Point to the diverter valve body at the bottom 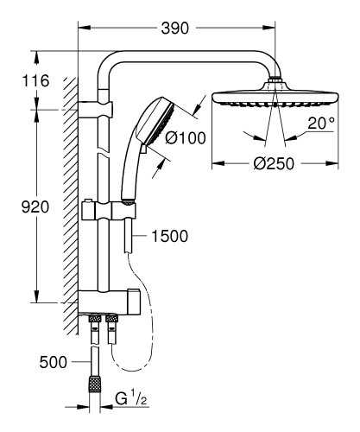pos(125,303)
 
